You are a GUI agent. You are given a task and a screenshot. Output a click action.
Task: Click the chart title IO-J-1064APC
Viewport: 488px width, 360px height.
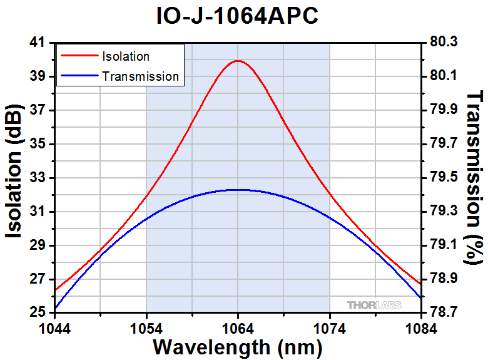tap(238, 17)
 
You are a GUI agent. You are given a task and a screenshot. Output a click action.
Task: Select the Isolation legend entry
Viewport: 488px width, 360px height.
tap(125, 56)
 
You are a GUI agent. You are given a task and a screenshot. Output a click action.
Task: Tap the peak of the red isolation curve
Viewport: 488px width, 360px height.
tap(238, 61)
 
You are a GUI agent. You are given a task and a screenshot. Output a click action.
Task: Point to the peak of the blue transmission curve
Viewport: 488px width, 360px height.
tap(238, 189)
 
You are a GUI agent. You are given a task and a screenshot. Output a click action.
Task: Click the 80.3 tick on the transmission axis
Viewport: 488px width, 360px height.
tap(444, 43)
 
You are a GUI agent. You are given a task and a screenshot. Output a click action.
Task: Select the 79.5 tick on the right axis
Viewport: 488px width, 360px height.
tap(444, 178)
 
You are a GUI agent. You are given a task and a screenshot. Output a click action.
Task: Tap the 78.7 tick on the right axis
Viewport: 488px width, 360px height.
tap(444, 312)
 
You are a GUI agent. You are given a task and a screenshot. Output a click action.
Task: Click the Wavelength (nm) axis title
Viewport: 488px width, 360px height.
tap(238, 346)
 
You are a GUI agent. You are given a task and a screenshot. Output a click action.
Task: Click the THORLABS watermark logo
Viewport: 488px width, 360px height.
tap(374, 305)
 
